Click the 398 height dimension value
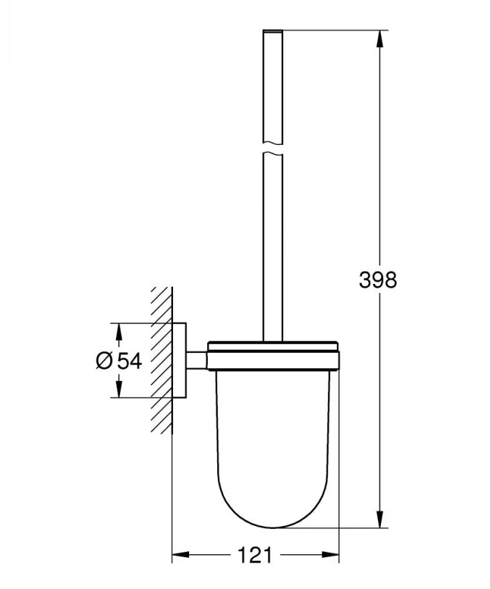378,279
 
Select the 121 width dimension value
255,556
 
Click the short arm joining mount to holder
196,360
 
